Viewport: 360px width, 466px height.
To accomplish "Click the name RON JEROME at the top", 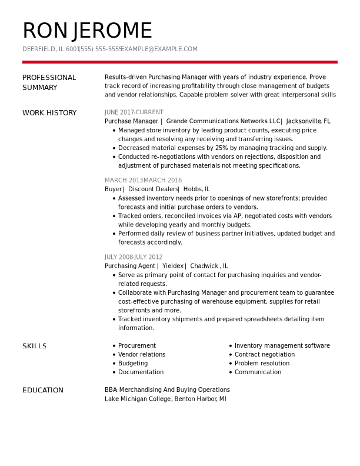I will pos(87,31).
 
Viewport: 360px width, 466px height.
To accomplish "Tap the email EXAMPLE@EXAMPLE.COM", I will pos(159,49).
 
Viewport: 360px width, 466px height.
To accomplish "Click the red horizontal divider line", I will pos(179,62).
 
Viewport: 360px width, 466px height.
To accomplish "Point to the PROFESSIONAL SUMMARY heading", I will pos(49,82).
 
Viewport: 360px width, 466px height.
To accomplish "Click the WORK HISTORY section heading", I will pos(49,113).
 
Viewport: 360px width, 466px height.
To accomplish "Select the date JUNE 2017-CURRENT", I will pos(134,112).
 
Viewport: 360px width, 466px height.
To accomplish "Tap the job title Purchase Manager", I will pos(131,121).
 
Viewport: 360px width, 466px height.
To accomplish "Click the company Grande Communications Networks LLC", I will pos(224,121).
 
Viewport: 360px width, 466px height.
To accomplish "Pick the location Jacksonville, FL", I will pos(308,121).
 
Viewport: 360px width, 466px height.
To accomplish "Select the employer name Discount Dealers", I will pos(153,189).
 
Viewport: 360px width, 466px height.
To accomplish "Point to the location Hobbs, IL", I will pos(196,189).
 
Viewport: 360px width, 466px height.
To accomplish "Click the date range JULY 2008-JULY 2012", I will pos(134,257).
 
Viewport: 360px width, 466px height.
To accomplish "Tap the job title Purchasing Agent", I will pos(129,266).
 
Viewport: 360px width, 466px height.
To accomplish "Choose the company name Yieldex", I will pos(173,266).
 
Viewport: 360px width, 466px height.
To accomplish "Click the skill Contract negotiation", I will pos(264,355).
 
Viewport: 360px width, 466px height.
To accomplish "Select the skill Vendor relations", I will pos(141,355).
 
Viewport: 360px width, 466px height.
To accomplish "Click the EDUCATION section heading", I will pos(43,391).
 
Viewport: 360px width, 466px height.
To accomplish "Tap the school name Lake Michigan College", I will pos(138,399).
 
